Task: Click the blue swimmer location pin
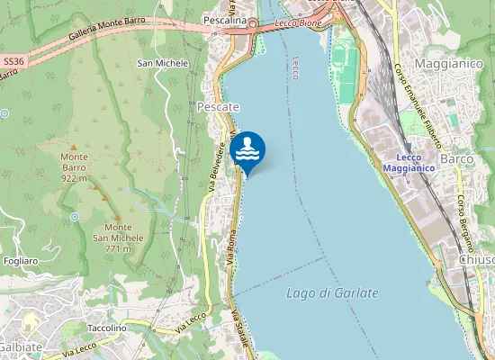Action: [x=247, y=151]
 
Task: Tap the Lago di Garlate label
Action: [x=332, y=293]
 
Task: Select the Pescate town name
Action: [x=217, y=107]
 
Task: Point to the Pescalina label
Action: [x=225, y=19]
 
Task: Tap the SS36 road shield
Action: [x=12, y=61]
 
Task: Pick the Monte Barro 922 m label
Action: [x=74, y=167]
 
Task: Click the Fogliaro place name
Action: [x=19, y=261]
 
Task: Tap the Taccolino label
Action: [x=107, y=328]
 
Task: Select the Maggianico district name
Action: [x=450, y=64]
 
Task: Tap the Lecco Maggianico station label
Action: [x=409, y=162]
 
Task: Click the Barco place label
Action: [x=458, y=159]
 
